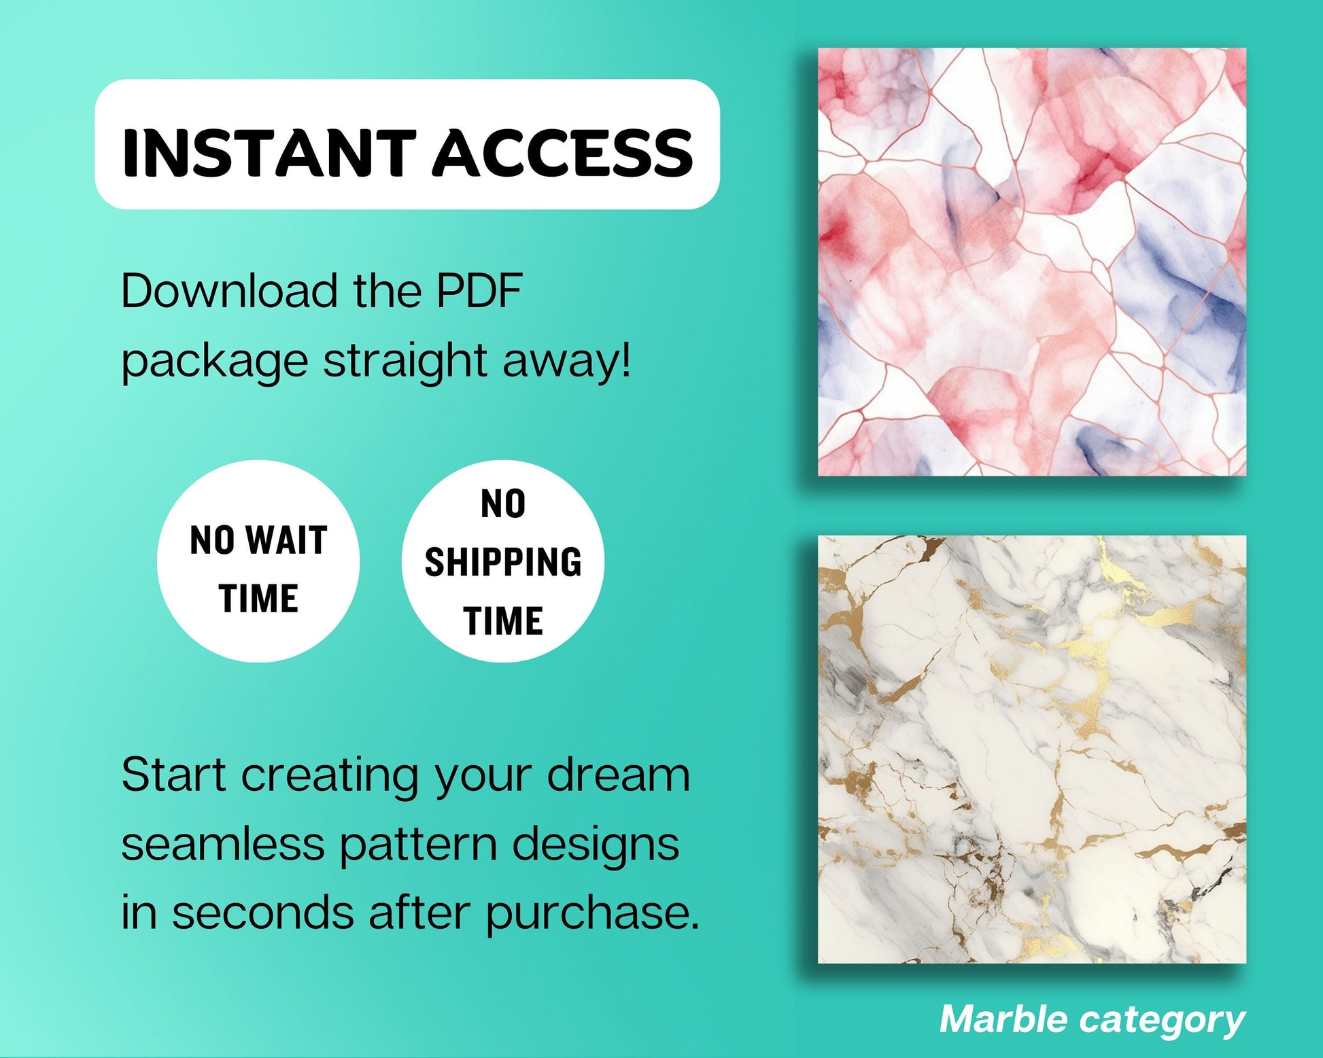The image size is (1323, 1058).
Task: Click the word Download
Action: point(229,291)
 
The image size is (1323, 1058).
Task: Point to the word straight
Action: point(405,361)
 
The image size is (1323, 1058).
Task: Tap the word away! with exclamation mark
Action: point(566,361)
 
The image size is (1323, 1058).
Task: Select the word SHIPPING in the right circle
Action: point(503,563)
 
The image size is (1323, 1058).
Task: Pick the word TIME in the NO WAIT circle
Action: point(258,599)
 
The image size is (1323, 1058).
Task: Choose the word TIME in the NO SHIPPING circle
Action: point(503,621)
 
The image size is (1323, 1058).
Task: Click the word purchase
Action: point(592,914)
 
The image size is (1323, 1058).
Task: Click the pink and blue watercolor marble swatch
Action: point(1032,262)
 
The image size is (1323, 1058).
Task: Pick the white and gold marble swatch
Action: point(1032,750)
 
